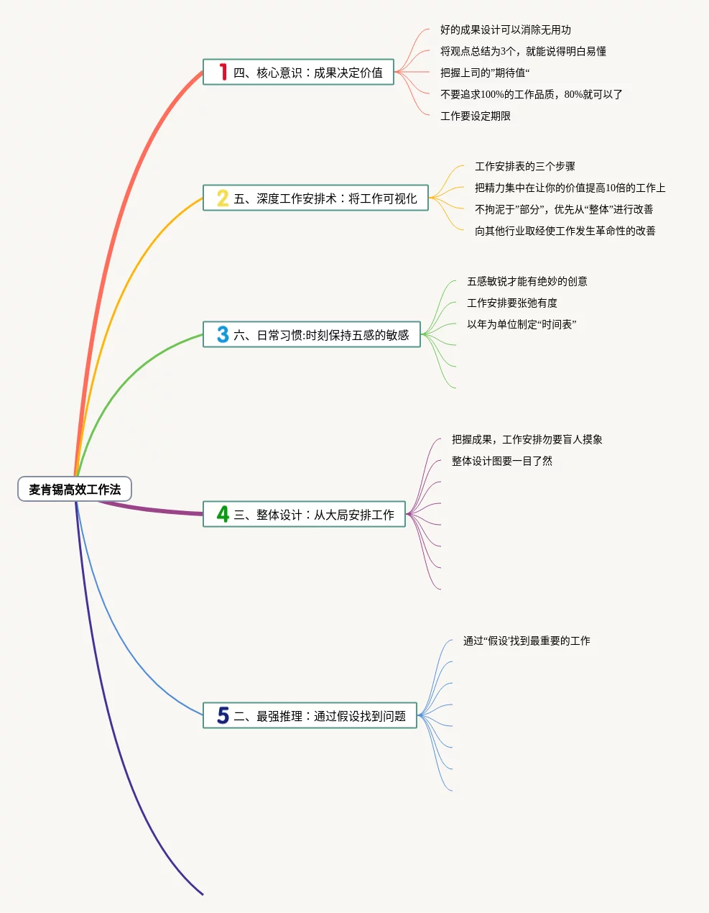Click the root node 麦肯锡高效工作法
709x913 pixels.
tap(75, 490)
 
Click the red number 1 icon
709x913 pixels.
tap(223, 72)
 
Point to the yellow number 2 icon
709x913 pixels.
tap(223, 198)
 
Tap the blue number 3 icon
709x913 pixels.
tap(223, 335)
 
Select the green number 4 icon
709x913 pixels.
tap(223, 515)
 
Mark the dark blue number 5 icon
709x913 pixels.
tap(223, 716)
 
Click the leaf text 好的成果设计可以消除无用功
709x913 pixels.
tap(506, 29)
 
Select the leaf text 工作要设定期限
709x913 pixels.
tap(476, 116)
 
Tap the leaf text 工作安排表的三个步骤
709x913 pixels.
tap(525, 166)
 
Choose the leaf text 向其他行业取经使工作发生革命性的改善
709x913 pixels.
tap(565, 231)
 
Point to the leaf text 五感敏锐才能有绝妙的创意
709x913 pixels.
tap(527, 281)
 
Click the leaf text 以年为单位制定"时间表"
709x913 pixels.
tap(522, 324)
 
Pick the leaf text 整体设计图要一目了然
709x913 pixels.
tap(502, 461)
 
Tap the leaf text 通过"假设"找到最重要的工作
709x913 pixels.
tap(527, 641)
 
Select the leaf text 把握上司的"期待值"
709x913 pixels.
tap(485, 73)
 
